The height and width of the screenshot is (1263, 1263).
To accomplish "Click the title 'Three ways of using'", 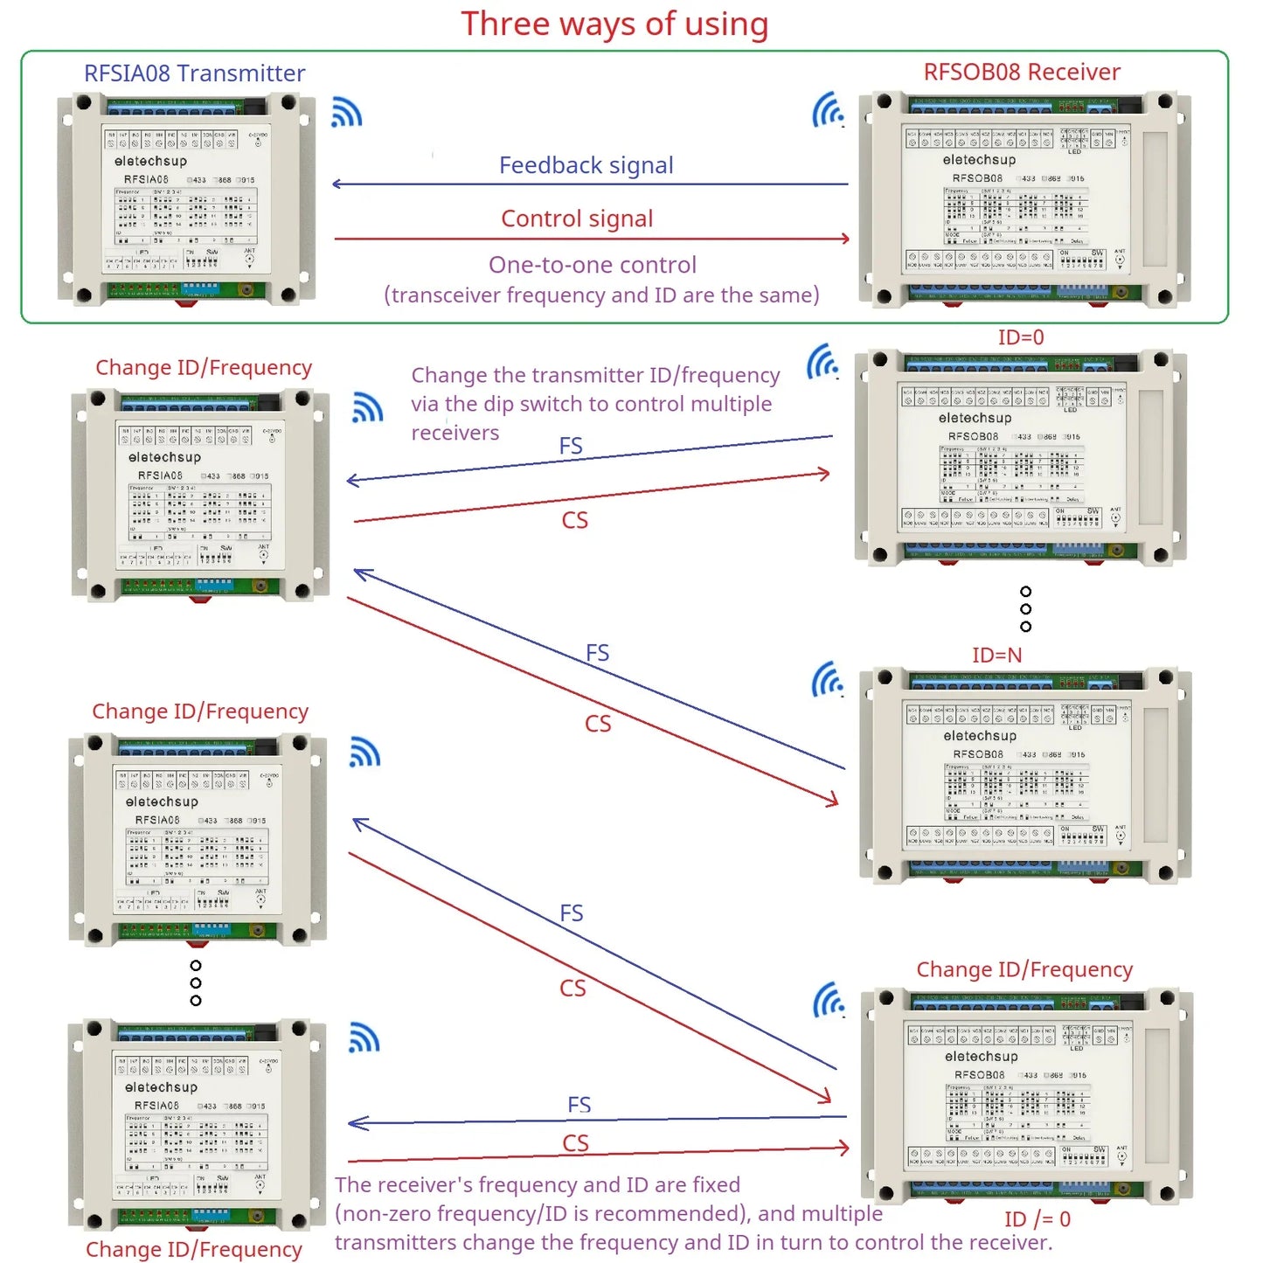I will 614,24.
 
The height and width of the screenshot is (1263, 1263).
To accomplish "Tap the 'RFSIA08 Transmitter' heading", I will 194,73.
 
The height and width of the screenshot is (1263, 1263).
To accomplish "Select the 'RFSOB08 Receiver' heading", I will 1022,72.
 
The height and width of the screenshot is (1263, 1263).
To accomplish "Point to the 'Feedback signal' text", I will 586,165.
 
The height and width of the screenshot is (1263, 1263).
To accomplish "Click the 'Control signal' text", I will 577,219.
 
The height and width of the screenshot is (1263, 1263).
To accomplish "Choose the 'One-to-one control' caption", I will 593,265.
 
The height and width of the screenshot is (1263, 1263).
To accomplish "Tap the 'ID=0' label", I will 1021,337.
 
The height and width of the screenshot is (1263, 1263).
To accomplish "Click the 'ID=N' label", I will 996,655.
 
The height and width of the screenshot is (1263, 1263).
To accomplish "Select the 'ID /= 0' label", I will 1037,1219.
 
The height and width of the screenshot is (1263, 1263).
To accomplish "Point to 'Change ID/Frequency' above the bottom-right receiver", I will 1024,969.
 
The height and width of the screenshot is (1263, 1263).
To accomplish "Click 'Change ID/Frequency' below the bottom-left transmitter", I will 194,1250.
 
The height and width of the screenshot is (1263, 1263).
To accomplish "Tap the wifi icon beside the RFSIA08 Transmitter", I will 347,113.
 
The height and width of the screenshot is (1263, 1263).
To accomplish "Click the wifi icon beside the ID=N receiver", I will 828,679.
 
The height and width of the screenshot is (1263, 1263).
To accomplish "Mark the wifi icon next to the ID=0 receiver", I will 822,361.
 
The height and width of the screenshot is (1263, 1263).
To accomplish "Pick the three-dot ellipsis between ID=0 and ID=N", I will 1025,609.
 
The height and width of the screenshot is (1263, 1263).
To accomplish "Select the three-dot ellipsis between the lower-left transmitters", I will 196,983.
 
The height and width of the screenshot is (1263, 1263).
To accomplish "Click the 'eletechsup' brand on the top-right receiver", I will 979,160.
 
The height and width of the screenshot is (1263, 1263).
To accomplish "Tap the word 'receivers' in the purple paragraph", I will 455,433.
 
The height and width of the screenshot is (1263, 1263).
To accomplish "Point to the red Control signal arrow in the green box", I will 592,238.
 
